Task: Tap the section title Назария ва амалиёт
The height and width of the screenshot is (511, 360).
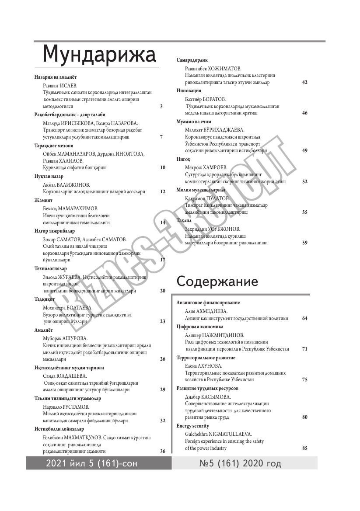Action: [x=56, y=76]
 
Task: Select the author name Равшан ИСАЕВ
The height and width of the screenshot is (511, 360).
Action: [x=60, y=85]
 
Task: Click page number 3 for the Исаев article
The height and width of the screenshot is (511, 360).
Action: [x=161, y=106]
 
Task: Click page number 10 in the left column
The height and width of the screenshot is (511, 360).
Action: [x=162, y=167]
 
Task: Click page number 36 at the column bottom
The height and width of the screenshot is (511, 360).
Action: [x=162, y=451]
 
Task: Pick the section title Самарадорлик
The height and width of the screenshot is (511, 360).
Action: [x=192, y=60]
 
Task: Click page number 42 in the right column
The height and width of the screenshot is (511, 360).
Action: [x=305, y=82]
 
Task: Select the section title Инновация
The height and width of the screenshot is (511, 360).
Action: [x=189, y=90]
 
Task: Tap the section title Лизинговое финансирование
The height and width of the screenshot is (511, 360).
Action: [x=208, y=302]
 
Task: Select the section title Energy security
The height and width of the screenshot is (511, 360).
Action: [x=192, y=426]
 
